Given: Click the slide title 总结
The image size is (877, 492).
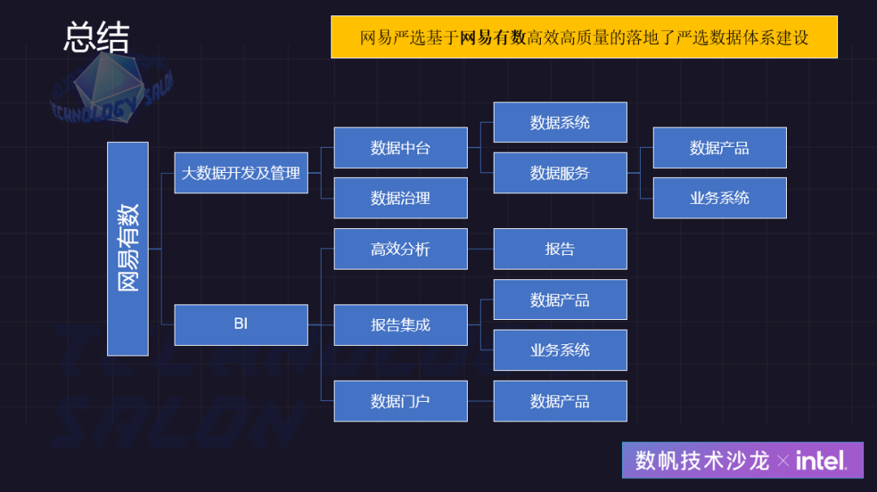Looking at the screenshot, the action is click(x=97, y=37).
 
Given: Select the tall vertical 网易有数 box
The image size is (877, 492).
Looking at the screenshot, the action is click(x=128, y=248).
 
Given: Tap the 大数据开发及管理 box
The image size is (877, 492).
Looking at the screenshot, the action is click(x=240, y=172).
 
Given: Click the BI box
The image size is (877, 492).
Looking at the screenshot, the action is click(x=240, y=324).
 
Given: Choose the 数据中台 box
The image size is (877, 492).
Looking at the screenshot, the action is click(x=400, y=148).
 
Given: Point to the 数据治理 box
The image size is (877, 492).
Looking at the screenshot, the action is click(x=400, y=198).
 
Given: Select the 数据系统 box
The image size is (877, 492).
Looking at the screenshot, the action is click(x=559, y=123).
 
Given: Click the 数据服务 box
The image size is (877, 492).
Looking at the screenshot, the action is click(x=559, y=173).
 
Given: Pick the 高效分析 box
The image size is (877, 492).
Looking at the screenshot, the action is click(x=400, y=248).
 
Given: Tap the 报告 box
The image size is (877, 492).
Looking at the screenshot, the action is click(x=559, y=248).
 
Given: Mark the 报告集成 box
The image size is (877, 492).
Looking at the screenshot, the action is click(x=400, y=325).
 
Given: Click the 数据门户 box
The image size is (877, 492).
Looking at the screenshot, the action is click(x=400, y=401).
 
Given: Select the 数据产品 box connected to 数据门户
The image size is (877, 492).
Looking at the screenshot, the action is click(x=559, y=401).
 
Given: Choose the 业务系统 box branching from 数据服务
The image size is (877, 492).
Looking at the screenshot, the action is click(x=719, y=198).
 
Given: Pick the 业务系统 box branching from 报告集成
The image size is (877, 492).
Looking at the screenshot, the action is click(x=559, y=350).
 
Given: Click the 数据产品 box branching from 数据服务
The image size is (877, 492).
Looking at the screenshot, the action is click(x=719, y=148).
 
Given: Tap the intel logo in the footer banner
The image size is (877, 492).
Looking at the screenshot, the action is click(x=821, y=461).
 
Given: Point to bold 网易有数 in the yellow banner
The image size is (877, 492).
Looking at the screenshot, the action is click(x=493, y=37).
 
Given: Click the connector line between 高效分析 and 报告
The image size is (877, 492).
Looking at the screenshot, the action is click(x=481, y=248).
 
